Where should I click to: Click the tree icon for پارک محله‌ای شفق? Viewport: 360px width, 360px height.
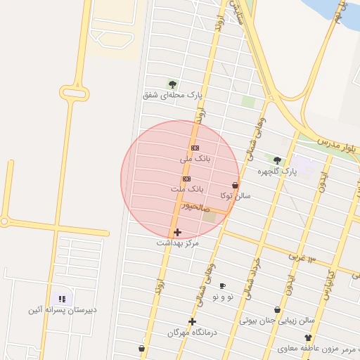(x=172, y=84)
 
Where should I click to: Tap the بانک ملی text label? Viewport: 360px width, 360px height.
(x=195, y=160)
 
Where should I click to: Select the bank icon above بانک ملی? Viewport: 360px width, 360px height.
(x=195, y=148)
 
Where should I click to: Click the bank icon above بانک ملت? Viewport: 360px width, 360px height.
(x=186, y=179)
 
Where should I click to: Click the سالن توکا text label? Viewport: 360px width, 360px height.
(x=236, y=195)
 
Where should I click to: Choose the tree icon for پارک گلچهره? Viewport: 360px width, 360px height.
(x=277, y=160)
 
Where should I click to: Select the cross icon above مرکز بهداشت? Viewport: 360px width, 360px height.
(x=177, y=231)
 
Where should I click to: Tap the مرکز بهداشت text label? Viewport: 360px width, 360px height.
(x=177, y=243)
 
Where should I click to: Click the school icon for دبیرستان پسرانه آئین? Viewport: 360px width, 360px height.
(x=62, y=298)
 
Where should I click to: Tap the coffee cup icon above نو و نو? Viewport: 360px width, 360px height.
(x=223, y=285)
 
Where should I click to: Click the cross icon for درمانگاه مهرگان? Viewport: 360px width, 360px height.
(x=192, y=321)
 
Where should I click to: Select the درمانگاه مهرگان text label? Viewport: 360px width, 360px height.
(x=192, y=332)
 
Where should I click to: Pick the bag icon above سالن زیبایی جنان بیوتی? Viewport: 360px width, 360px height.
(x=277, y=309)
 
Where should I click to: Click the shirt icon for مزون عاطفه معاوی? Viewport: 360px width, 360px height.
(x=308, y=337)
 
